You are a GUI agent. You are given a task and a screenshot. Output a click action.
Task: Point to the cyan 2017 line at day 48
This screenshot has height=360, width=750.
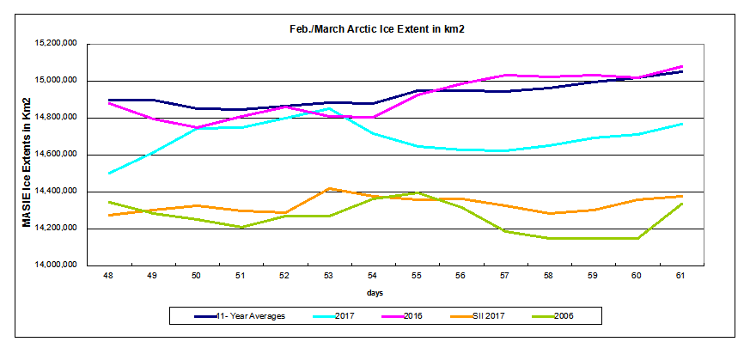tap(109, 174)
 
